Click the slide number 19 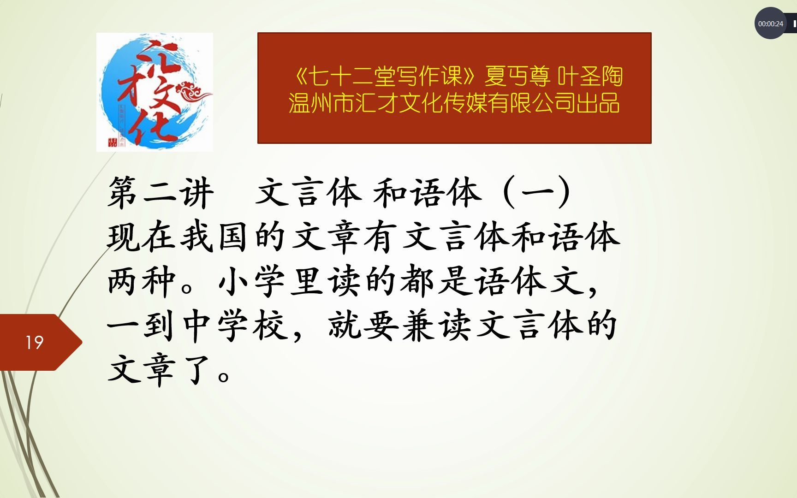[x=34, y=343]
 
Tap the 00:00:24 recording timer [x=770, y=24]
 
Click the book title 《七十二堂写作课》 [x=385, y=76]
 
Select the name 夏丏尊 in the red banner [x=517, y=76]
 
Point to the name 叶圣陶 [x=590, y=76]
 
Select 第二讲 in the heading [x=161, y=193]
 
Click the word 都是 [x=436, y=281]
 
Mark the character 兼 [x=418, y=326]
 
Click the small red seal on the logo [x=112, y=142]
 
